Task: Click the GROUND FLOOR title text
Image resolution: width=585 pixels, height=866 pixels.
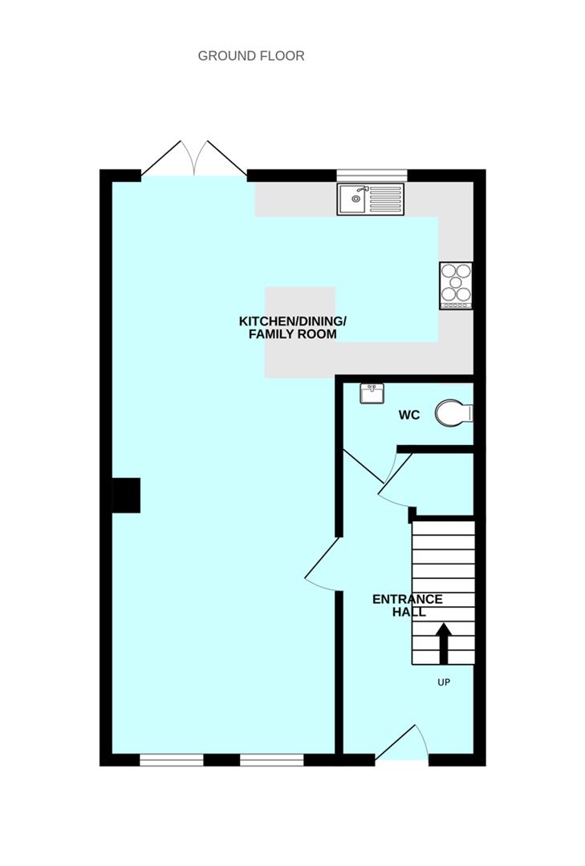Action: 251,56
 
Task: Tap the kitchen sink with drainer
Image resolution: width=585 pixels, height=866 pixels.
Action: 371,199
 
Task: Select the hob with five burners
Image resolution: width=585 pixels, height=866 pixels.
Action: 456,285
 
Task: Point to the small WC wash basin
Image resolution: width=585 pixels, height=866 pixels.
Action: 372,394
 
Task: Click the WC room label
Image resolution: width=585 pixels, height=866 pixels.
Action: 409,415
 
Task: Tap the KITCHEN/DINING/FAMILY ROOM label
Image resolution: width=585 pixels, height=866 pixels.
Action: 292,327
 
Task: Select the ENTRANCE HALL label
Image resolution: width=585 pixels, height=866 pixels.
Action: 408,605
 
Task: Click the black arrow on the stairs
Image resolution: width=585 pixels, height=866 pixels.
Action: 444,643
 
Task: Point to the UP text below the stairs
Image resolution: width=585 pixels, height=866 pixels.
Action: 444,682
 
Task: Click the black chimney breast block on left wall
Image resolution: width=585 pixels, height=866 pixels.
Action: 126,496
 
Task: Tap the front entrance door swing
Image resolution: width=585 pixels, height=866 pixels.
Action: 402,744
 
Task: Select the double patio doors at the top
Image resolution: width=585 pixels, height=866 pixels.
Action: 194,159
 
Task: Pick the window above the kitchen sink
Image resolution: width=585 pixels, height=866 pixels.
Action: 372,176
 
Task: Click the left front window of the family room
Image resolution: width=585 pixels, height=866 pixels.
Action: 172,760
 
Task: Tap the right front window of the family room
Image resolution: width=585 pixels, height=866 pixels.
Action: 272,760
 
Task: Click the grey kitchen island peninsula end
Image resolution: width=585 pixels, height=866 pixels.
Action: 300,333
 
